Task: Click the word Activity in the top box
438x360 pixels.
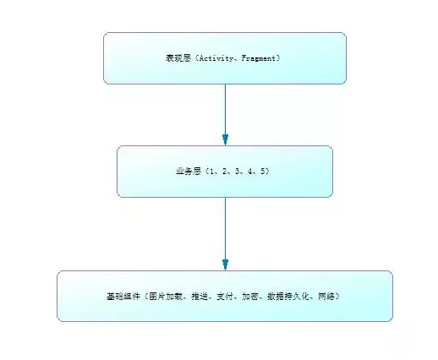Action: tap(216, 58)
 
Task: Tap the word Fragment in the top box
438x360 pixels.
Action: tap(260, 58)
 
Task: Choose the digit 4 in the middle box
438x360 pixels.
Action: tap(249, 172)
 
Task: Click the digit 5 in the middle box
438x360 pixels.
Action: tap(264, 172)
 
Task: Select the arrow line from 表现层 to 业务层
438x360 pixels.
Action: tap(225, 110)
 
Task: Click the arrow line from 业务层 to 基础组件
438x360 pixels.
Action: tap(225, 228)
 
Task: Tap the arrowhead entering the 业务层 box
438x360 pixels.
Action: tap(225, 139)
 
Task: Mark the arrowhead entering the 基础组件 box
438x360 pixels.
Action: tap(225, 265)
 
